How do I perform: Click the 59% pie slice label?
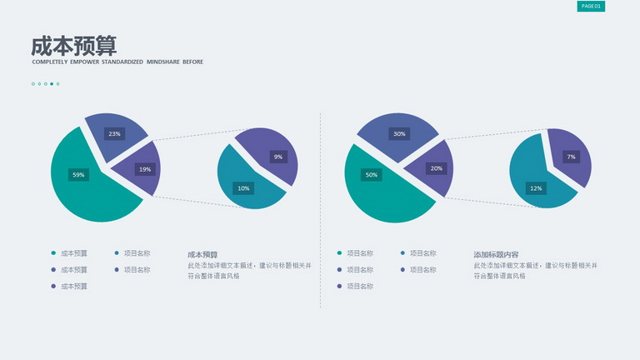(78, 175)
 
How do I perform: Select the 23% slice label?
(114, 133)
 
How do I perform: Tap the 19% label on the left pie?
(145, 169)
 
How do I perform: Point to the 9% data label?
(278, 157)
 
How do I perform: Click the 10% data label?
(243, 188)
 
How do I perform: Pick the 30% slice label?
(399, 133)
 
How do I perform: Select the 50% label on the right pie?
(371, 175)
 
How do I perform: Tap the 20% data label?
(436, 168)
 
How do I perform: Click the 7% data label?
(571, 157)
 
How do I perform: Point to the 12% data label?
(536, 188)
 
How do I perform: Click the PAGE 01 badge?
(591, 6)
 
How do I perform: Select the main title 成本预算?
(74, 46)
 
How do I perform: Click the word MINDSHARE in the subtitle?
(162, 62)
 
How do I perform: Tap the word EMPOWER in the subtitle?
(84, 62)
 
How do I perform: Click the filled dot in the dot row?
(52, 84)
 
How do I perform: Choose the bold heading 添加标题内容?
(496, 255)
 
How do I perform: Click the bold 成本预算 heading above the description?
(202, 255)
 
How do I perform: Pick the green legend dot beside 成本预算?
(53, 253)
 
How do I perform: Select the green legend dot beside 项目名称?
(339, 253)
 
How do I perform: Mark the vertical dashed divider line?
(320, 210)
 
